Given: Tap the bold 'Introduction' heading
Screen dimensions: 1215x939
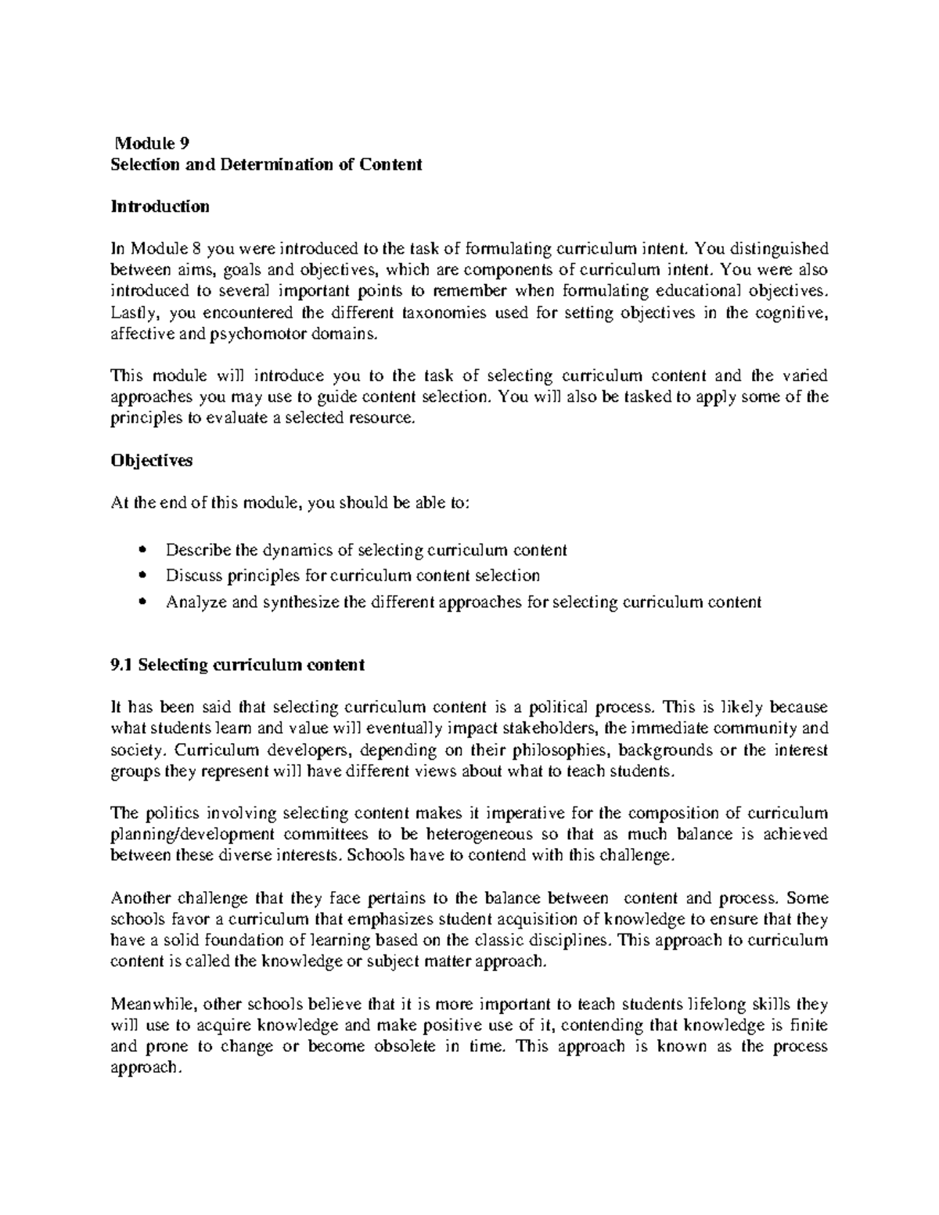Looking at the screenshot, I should click(160, 207).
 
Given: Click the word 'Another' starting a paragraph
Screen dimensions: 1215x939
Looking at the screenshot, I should click(142, 897).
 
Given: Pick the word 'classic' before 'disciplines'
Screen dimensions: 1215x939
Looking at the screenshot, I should click(499, 940).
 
